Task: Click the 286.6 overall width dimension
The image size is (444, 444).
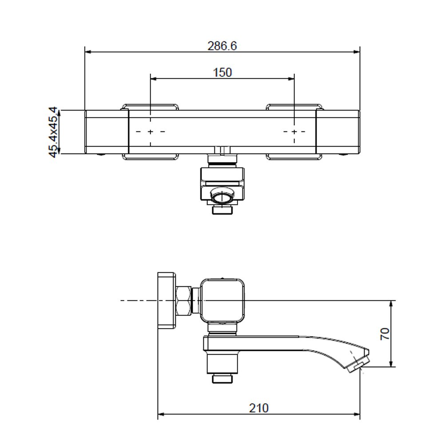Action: point(222,46)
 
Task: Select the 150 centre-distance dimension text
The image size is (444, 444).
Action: point(222,72)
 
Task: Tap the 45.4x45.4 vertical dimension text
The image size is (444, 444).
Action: point(53,132)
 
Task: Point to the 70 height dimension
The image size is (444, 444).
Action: point(385,334)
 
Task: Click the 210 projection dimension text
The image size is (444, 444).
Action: point(259,408)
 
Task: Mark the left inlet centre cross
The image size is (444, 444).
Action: point(151,132)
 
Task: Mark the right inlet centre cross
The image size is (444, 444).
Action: point(294,132)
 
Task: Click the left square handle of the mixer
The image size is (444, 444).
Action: point(107,132)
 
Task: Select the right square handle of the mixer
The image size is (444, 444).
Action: point(338,132)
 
